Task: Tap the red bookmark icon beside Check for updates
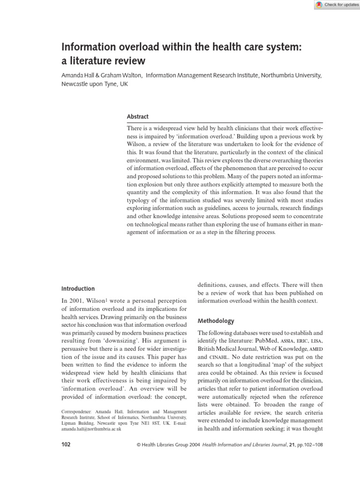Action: (319, 4)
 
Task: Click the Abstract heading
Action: (138, 117)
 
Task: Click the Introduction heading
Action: (78, 289)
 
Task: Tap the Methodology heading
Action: (216, 321)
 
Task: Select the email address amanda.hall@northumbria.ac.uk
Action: (91, 428)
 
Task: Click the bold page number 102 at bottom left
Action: (66, 444)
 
